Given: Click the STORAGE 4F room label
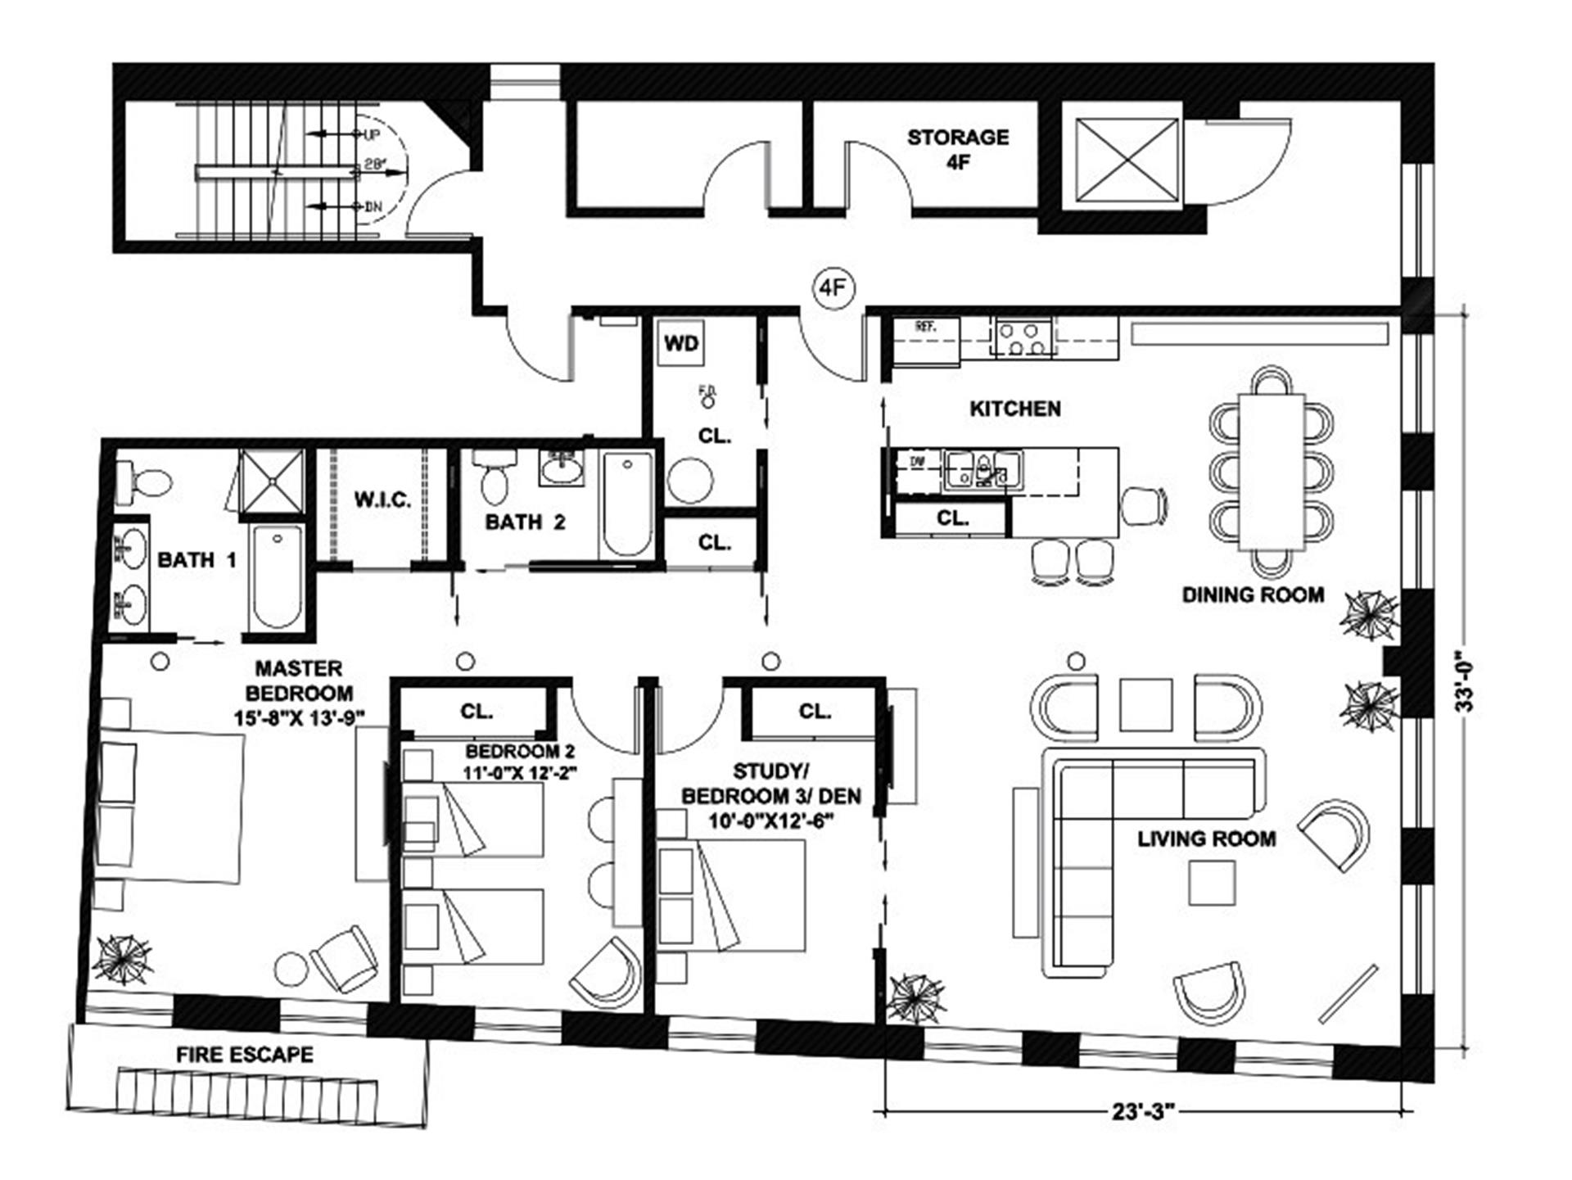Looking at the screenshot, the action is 958,149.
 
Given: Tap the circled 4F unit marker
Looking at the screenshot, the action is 833,288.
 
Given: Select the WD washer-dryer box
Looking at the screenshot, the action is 681,342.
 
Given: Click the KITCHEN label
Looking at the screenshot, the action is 1015,409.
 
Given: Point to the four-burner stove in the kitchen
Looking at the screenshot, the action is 1023,337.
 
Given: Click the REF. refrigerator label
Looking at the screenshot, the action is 925,327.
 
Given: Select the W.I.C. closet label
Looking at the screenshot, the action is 382,500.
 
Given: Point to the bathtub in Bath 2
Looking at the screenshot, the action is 627,504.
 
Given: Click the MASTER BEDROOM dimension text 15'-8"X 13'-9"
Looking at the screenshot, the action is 300,718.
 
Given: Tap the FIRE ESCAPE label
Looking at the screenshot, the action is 245,1054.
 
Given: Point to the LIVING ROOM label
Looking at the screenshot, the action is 1206,839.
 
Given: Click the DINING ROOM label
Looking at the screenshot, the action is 1253,595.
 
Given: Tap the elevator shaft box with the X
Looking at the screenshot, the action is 1127,160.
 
